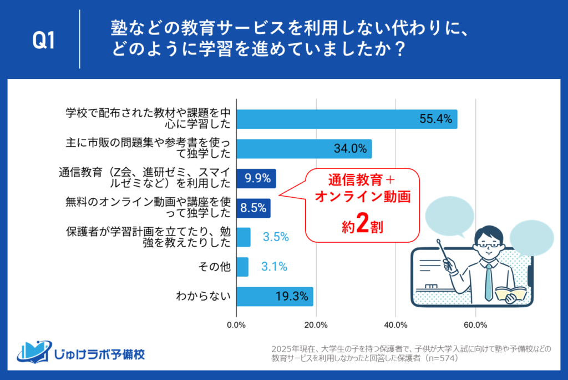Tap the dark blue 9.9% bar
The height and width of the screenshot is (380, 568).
click(x=256, y=178)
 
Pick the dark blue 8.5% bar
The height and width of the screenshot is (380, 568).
click(x=253, y=208)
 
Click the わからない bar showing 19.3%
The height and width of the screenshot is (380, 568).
click(x=275, y=296)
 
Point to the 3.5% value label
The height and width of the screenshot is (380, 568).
click(x=276, y=237)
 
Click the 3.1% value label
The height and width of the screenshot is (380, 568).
click(x=274, y=267)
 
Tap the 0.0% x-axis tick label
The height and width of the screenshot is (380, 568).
click(x=237, y=324)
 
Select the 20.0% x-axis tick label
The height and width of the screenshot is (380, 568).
click(x=316, y=324)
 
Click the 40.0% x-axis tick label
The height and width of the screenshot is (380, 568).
click(x=395, y=324)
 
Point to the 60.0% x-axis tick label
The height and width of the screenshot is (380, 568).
click(x=475, y=324)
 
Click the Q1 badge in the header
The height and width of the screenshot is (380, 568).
click(x=44, y=41)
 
